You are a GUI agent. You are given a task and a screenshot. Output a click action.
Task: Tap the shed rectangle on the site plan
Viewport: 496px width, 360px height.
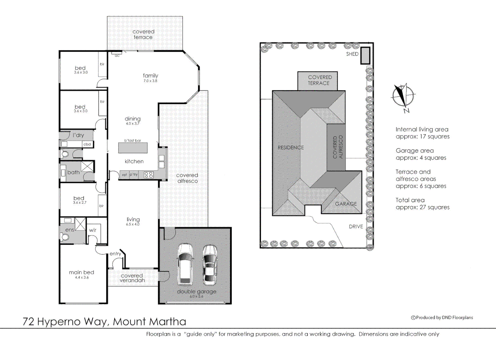(x=365, y=55)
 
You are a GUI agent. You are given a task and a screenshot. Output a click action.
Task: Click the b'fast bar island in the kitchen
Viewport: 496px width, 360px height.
(x=133, y=148)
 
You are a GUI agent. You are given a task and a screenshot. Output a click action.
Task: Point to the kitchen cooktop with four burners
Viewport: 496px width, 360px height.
(x=149, y=175)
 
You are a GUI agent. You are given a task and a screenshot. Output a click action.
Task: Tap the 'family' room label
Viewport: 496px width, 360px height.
(x=150, y=76)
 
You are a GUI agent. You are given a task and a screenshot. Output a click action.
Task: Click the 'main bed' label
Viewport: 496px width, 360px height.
(x=81, y=272)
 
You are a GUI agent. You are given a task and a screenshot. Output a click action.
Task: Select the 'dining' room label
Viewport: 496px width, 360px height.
(x=132, y=119)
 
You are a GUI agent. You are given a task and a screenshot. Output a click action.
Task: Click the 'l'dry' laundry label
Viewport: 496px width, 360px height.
(x=78, y=135)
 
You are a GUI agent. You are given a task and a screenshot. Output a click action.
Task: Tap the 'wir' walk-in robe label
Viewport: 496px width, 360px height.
(x=93, y=230)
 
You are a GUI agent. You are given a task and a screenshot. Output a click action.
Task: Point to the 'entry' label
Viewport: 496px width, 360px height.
(x=115, y=254)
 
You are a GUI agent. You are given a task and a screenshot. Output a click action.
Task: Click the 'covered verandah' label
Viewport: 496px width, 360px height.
(x=132, y=278)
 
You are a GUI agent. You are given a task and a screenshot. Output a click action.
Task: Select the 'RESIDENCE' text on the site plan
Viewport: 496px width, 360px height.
(x=291, y=147)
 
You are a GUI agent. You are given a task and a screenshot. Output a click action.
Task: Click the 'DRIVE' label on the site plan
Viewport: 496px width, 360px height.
(x=356, y=226)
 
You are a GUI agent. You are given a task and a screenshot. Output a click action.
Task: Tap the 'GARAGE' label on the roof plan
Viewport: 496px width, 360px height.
(x=346, y=204)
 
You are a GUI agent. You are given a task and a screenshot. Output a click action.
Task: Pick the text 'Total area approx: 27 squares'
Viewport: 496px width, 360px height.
(x=422, y=204)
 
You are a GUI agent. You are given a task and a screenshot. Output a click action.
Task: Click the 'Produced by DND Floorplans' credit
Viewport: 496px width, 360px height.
(x=442, y=317)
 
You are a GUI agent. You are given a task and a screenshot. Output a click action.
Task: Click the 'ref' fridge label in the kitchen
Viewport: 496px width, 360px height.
(x=124, y=175)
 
